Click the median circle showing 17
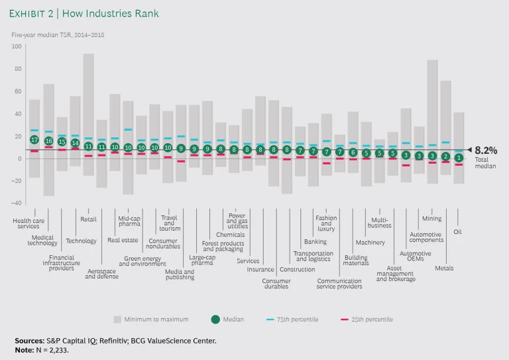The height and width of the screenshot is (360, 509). [34, 139]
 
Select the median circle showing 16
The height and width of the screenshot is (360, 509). [48, 141]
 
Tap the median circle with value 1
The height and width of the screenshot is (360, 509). [459, 157]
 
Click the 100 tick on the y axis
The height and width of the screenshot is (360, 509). [17, 46]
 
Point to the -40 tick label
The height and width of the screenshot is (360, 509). [17, 203]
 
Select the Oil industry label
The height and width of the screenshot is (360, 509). [457, 232]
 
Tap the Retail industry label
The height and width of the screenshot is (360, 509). [88, 219]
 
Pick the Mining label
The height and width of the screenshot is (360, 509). [431, 219]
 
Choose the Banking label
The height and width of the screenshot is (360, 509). [315, 242]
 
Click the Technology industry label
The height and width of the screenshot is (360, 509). [81, 241]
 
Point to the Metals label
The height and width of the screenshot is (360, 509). [444, 268]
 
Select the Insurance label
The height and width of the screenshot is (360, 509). [260, 269]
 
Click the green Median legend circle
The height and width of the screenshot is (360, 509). [215, 319]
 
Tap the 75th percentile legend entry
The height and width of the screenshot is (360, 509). [294, 319]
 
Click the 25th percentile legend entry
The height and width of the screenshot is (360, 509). [368, 319]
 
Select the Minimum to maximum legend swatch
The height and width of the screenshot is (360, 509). [118, 319]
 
